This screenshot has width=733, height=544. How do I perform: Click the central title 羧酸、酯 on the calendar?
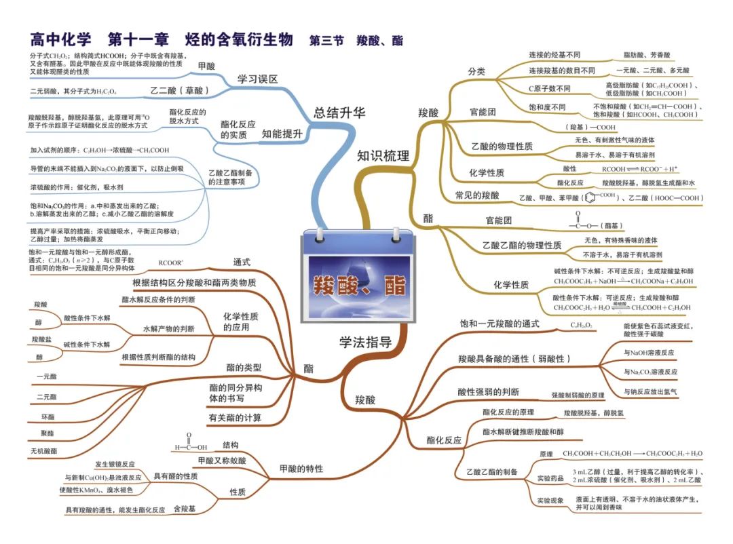click(x=359, y=286)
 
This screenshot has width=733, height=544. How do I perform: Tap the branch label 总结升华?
click(x=339, y=113)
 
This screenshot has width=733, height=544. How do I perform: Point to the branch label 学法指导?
click(x=366, y=342)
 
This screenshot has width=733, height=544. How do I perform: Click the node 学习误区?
click(x=258, y=79)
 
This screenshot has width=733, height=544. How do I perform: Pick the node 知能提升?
click(x=282, y=134)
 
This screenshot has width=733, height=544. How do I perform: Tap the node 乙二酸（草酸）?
click(x=178, y=90)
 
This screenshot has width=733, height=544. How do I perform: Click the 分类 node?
click(x=476, y=71)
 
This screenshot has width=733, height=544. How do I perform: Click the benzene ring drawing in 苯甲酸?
click(x=589, y=198)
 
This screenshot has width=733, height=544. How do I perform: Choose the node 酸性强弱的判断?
click(x=489, y=392)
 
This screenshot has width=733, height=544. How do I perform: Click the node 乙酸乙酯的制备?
click(x=492, y=471)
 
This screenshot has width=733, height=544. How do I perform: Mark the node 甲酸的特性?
click(x=301, y=469)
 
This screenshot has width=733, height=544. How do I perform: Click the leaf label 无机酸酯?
click(x=44, y=450)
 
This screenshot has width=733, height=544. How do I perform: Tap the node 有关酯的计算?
click(x=235, y=417)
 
